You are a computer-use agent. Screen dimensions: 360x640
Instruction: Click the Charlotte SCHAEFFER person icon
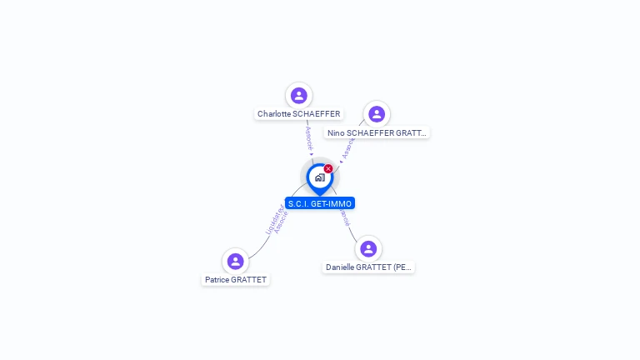(298, 95)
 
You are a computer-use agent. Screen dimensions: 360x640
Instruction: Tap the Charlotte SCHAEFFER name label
(298, 114)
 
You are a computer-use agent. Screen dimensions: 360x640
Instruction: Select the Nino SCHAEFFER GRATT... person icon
(377, 113)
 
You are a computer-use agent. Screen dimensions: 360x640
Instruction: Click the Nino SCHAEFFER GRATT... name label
(377, 132)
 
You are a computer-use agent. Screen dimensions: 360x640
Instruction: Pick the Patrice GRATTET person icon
(236, 261)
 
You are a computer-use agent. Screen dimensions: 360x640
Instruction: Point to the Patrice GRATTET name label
(236, 280)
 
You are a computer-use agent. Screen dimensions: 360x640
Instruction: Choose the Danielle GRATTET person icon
(368, 248)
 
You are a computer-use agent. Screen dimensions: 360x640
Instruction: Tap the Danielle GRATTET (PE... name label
(368, 267)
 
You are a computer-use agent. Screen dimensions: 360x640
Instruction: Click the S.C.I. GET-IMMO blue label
(320, 203)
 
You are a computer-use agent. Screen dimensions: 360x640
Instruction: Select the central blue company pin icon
(319, 177)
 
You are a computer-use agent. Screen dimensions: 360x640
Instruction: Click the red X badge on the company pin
(328, 168)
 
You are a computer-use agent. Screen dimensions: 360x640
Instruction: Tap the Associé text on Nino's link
(347, 147)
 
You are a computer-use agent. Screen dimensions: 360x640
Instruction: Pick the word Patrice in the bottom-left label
(217, 280)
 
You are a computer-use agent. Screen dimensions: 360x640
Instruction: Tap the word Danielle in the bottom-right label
(341, 267)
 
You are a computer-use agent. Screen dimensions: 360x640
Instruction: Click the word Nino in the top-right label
(336, 132)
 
